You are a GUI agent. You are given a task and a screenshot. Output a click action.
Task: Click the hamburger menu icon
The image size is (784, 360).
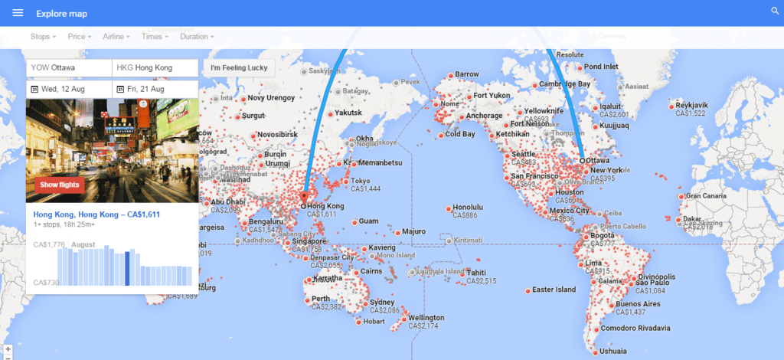tap(18, 13)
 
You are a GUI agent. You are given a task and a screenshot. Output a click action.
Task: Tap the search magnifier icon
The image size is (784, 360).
tap(774, 11)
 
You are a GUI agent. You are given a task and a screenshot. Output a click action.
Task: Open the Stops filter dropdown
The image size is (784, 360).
tap(43, 36)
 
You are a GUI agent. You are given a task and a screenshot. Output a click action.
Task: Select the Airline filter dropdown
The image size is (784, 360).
tap(116, 36)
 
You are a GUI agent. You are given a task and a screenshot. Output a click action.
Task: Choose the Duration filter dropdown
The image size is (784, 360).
tap(196, 36)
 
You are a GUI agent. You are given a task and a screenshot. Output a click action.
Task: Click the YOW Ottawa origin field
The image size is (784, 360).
tap(69, 68)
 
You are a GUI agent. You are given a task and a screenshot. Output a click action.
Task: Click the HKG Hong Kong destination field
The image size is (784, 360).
tap(155, 68)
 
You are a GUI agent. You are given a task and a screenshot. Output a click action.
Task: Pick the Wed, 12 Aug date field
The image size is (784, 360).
tap(69, 89)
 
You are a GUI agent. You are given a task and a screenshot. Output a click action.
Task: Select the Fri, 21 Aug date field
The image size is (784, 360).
tap(155, 89)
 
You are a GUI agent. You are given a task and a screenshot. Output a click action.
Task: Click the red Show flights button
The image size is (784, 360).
tap(60, 185)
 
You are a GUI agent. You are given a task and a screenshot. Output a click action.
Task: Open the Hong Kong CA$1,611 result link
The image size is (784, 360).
tap(96, 214)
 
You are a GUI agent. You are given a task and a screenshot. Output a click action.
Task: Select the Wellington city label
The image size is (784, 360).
tap(426, 318)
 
